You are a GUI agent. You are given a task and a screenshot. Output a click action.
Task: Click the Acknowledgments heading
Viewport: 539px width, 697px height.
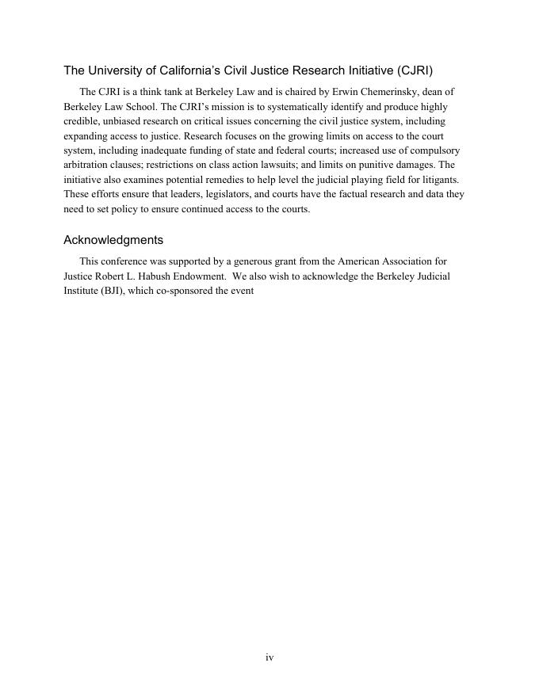[113, 240]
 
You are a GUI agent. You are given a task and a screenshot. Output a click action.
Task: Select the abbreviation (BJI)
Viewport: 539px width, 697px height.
[116, 291]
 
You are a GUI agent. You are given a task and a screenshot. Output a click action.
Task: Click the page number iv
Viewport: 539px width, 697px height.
[269, 657]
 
